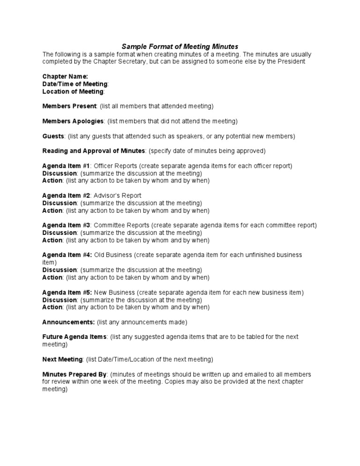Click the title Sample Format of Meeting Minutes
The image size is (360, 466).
pyautogui.click(x=180, y=46)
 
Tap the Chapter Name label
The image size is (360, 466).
pyautogui.click(x=65, y=76)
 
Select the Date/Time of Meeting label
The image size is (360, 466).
pyautogui.click(x=75, y=84)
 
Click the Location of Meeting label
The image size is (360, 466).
pyautogui.click(x=73, y=91)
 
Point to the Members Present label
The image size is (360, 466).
pyautogui.click(x=69, y=106)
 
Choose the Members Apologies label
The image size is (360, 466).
pyautogui.click(x=73, y=121)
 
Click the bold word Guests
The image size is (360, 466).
pyautogui.click(x=53, y=136)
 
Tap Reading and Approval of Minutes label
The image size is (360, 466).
pyautogui.click(x=93, y=151)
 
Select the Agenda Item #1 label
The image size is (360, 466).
pyautogui.click(x=66, y=166)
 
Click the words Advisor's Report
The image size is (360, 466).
pyautogui.click(x=118, y=195)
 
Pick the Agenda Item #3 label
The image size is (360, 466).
pyautogui.click(x=66, y=225)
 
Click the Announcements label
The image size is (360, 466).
pyautogui.click(x=68, y=322)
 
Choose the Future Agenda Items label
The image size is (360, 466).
pyautogui.click(x=75, y=337)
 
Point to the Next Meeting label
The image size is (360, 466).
pyautogui.click(x=63, y=360)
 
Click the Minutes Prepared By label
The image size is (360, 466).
pyautogui.click(x=75, y=375)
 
